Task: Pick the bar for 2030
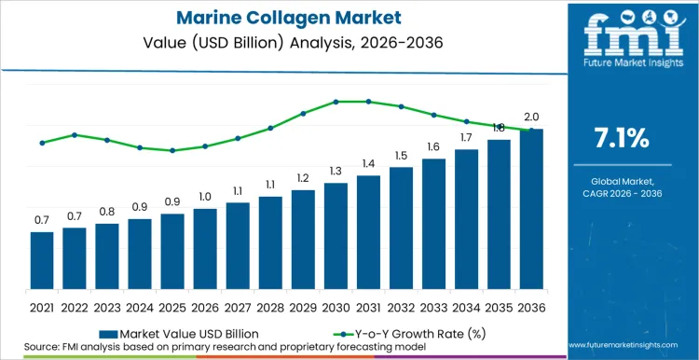336,235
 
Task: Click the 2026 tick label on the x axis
205,306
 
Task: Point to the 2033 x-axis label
433,306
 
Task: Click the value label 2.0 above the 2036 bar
531,117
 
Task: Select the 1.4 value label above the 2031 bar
368,163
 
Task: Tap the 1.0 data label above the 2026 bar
205,196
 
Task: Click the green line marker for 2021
42,143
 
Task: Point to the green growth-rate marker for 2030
336,102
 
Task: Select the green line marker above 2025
172,150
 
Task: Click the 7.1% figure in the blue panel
622,138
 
